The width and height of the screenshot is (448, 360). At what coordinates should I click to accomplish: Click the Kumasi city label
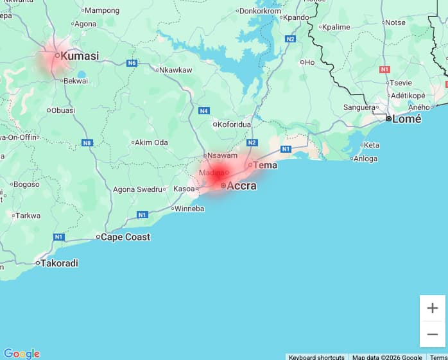80,56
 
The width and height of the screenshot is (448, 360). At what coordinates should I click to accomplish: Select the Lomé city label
407,119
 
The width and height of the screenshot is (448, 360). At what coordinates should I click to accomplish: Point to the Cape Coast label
126,237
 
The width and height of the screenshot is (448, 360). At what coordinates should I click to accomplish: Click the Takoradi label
60,263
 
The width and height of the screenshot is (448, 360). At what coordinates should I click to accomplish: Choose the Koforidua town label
236,124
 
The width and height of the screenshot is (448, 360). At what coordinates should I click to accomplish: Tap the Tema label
265,165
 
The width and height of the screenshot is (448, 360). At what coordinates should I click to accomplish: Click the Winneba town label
189,209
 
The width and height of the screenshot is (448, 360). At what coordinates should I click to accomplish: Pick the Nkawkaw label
175,70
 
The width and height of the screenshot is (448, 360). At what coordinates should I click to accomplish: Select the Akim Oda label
152,142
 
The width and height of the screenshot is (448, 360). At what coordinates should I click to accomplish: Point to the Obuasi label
63,110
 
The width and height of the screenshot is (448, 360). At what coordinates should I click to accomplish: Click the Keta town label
372,145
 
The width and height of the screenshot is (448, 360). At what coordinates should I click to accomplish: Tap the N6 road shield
132,63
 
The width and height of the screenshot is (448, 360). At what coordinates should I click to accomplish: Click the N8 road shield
87,142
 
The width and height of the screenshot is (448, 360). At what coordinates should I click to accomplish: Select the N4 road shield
204,111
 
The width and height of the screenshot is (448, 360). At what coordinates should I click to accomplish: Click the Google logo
22,354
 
